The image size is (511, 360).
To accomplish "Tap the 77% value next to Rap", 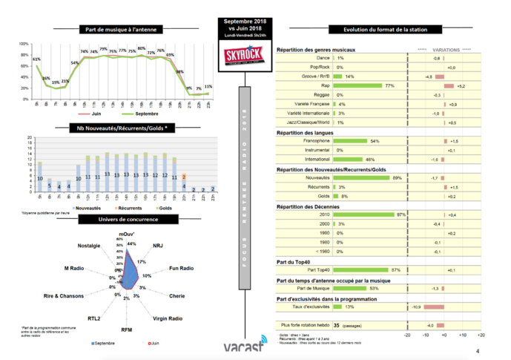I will pos(389,86).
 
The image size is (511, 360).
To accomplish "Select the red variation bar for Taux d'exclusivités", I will pos(432,306).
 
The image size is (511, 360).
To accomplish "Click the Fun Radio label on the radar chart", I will pos(182,268).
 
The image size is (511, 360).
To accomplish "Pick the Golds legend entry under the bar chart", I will pos(163,209).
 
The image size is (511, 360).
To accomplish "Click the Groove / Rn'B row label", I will pos(316,76).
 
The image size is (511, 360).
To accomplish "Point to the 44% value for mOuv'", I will pos(131,243).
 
